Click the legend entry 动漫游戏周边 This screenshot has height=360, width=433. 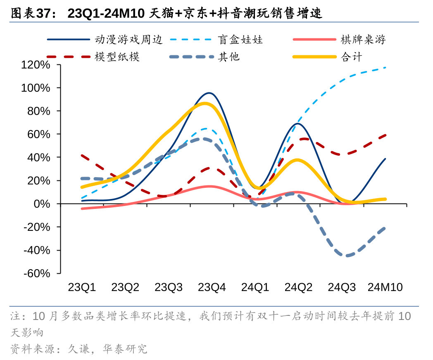coord(128,40)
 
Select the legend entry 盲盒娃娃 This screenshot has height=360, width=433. coord(240,40)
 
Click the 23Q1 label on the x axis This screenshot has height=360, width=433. coord(82,288)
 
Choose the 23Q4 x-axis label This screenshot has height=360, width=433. coord(212,288)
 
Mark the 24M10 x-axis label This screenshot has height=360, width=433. coord(385,288)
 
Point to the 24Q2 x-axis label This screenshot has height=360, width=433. coord(298,288)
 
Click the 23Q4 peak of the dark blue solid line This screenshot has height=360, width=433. coord(209,93)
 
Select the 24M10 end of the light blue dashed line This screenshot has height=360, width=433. coord(385,67)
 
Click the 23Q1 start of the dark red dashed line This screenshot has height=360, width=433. coord(82,156)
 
